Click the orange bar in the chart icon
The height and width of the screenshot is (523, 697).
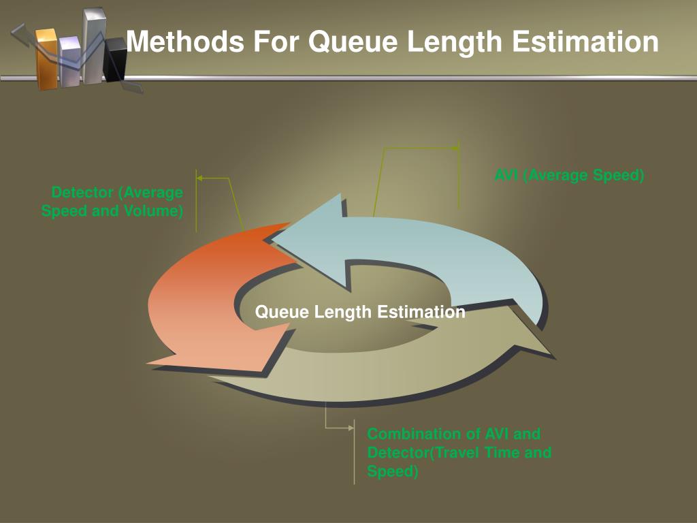[x=47, y=59]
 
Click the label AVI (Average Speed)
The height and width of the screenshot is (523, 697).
[x=569, y=175]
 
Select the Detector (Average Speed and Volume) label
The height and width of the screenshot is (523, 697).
[x=113, y=202]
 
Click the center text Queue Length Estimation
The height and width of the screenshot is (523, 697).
[x=360, y=312]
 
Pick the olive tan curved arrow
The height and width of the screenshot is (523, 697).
[x=381, y=375]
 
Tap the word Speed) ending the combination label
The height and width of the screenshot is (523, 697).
[x=393, y=471]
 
